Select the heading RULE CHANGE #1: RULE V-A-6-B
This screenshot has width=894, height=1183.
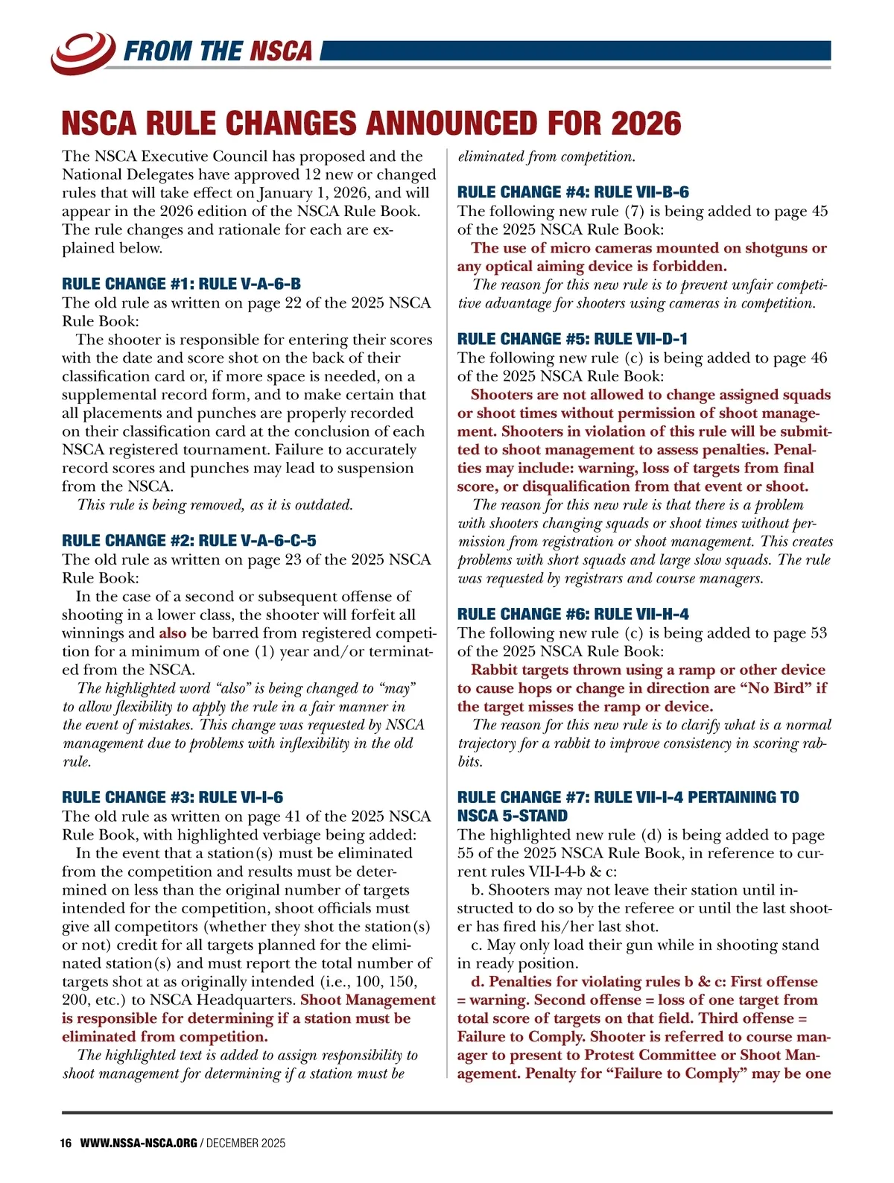(181, 284)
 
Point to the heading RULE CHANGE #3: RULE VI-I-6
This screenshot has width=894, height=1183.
(172, 797)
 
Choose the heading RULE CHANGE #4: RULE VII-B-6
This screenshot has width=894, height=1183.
(573, 192)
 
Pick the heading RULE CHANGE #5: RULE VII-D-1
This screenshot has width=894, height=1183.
(572, 339)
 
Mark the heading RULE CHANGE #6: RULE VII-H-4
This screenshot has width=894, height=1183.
(573, 614)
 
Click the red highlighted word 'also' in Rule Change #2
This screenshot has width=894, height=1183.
(173, 632)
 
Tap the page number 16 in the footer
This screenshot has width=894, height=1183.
(66, 1143)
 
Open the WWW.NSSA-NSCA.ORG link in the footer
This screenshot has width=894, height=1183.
(139, 1143)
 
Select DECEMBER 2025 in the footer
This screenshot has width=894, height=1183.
(246, 1143)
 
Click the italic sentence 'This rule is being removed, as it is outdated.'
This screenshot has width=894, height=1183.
(215, 504)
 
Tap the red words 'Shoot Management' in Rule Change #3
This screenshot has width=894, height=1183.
(367, 1000)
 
